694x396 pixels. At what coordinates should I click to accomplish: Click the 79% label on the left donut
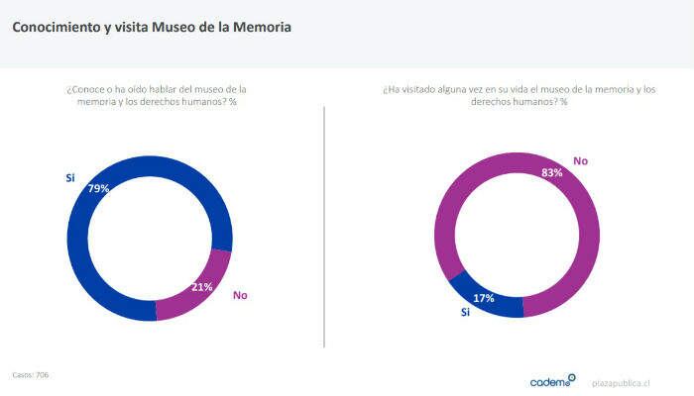(98, 188)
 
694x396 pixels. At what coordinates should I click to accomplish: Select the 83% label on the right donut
(552, 172)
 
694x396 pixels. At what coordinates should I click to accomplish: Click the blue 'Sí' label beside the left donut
(70, 178)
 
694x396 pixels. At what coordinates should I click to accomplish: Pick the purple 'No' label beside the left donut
(239, 295)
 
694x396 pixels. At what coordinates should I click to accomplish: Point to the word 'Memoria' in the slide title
(261, 28)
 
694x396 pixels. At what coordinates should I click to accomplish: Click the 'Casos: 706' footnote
(31, 374)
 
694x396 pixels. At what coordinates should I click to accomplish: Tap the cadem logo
(552, 380)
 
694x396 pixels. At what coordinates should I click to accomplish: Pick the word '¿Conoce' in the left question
(83, 90)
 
